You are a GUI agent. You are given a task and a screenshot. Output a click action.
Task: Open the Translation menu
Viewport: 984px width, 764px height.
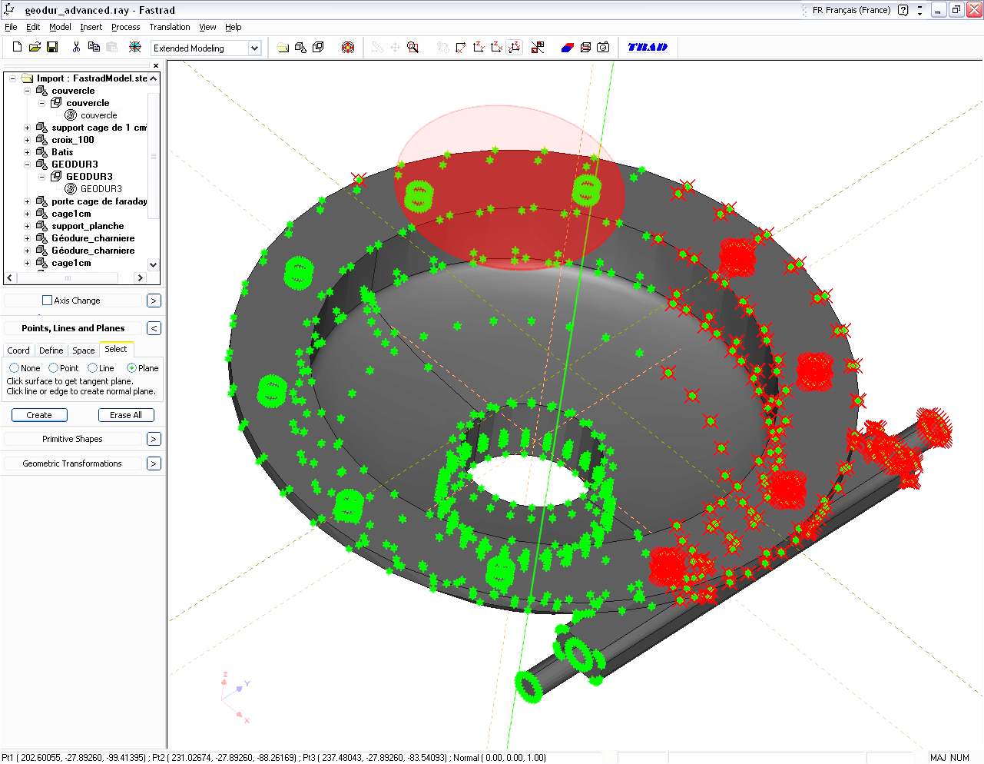tap(169, 27)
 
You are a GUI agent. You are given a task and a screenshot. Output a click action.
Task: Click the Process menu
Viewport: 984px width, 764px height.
tap(125, 27)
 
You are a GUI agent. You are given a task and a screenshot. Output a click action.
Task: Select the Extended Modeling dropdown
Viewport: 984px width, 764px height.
tap(206, 48)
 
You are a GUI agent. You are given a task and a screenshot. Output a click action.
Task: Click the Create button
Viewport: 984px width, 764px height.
tap(39, 415)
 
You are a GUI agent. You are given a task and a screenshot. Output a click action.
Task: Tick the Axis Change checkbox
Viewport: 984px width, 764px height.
tap(48, 301)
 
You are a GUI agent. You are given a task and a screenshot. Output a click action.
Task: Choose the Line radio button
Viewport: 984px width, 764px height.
tap(93, 368)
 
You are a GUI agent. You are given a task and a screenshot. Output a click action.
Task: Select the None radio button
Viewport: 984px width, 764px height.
tap(15, 368)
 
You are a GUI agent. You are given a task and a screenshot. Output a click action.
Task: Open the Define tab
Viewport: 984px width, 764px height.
tap(51, 350)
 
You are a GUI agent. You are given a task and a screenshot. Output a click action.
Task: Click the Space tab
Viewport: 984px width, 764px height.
tap(83, 350)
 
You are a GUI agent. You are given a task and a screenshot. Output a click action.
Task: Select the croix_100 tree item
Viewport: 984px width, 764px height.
tap(73, 140)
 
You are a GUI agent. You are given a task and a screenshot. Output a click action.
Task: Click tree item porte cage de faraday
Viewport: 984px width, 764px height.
tap(99, 201)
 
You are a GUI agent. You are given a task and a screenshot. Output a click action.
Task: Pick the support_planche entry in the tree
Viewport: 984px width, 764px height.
tap(88, 226)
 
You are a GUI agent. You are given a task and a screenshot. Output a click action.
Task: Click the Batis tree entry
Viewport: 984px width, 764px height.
tap(62, 152)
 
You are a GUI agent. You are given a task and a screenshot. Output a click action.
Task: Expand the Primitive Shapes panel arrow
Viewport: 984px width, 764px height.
tap(154, 439)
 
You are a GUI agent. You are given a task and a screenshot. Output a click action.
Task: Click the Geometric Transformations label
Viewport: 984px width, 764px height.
tap(72, 463)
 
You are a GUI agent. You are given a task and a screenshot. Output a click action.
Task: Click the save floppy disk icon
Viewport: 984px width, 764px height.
tap(52, 48)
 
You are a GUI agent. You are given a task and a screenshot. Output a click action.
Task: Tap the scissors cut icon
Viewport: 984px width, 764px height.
tap(76, 48)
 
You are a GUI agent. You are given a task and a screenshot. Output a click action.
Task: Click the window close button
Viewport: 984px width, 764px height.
tap(974, 10)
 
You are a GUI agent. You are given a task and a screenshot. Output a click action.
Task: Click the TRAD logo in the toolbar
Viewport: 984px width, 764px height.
tap(648, 48)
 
